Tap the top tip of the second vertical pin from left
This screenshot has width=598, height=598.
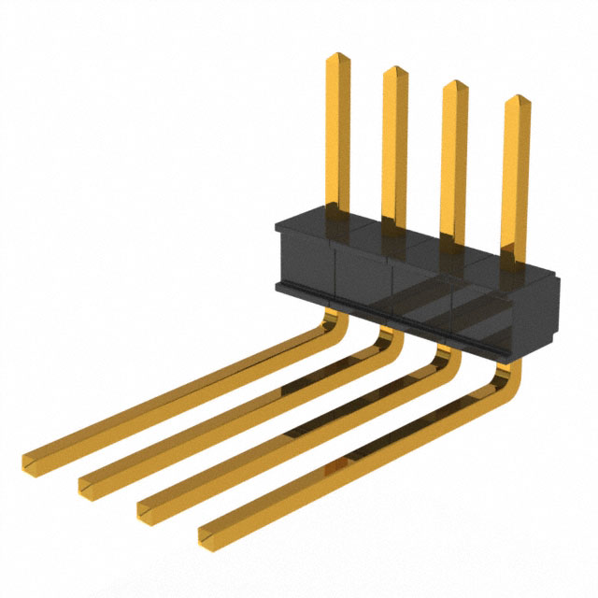(x=394, y=71)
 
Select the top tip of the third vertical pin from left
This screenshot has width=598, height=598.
(x=454, y=86)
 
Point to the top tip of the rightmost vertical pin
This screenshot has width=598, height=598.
(x=517, y=100)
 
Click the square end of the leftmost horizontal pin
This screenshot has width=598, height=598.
(x=34, y=462)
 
